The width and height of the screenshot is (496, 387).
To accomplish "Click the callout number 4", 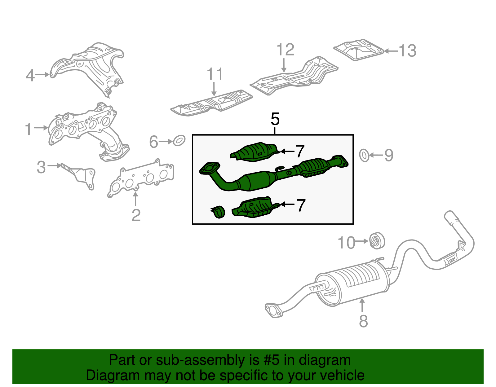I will tap(30, 75).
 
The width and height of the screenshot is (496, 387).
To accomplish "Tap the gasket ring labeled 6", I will tap(179, 140).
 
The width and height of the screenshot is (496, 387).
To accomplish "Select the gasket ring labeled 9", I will tap(364, 155).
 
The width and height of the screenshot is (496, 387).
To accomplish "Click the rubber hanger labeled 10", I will tap(377, 241).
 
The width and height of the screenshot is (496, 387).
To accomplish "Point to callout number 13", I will tap(407, 51).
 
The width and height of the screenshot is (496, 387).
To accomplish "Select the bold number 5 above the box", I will tap(275, 119).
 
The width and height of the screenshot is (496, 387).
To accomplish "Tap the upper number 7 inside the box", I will tap(300, 152).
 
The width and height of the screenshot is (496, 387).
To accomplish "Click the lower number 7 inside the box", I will tap(301, 205).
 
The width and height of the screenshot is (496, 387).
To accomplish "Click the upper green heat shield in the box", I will tap(254, 152).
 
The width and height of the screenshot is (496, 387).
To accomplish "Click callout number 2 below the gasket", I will tap(136, 215).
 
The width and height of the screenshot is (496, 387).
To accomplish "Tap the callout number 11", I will tap(215, 74).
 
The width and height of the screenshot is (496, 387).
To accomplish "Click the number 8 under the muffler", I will tap(363, 321).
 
